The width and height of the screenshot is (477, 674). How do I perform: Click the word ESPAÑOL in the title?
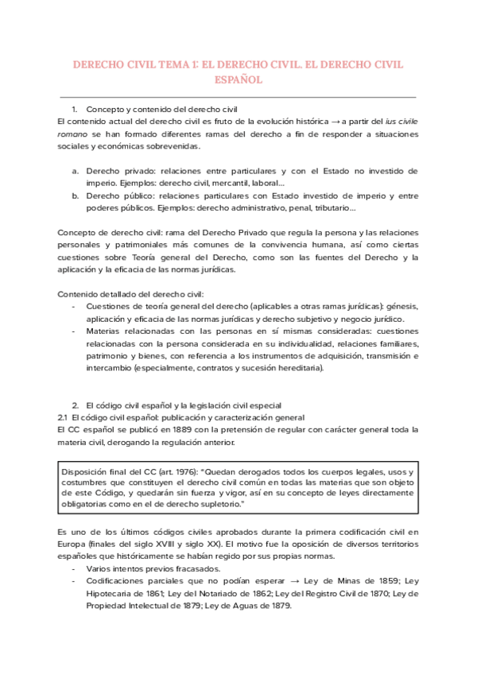pyautogui.click(x=238, y=80)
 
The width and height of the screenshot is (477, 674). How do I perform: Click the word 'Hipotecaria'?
pyautogui.click(x=111, y=594)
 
